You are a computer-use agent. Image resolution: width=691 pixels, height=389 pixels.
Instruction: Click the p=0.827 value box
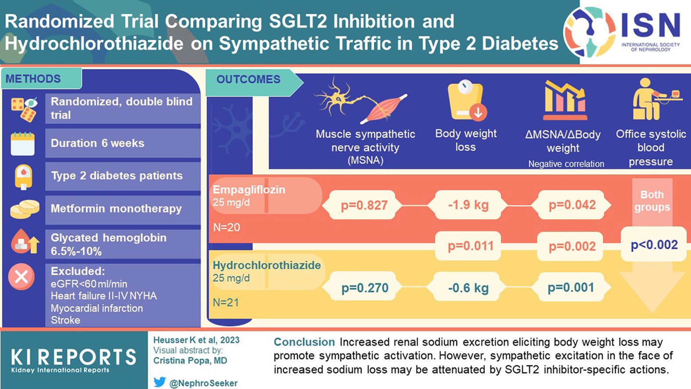click(364, 205)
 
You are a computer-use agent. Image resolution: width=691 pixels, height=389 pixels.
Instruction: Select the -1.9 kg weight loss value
click(468, 205)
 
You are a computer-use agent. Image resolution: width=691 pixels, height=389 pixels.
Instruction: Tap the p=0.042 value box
click(572, 205)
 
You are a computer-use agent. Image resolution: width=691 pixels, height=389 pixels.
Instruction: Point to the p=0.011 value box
click(470, 246)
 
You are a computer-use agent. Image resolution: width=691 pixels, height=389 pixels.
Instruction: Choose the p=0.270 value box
click(365, 288)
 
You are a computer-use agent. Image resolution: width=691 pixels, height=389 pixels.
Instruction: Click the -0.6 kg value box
click(468, 288)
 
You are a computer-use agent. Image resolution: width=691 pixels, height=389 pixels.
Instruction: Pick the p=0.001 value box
click(571, 288)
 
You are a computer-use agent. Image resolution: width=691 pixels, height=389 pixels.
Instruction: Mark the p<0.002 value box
click(654, 245)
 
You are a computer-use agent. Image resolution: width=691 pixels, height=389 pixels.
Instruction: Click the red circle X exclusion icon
click(21, 277)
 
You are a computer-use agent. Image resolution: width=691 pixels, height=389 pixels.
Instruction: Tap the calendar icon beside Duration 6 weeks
click(22, 144)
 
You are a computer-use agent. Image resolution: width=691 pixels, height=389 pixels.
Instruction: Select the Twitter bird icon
click(160, 382)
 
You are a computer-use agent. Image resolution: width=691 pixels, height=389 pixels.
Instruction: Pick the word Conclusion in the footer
click(304, 342)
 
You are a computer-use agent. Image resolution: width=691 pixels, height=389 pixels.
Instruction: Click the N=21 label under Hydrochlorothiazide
click(226, 302)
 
